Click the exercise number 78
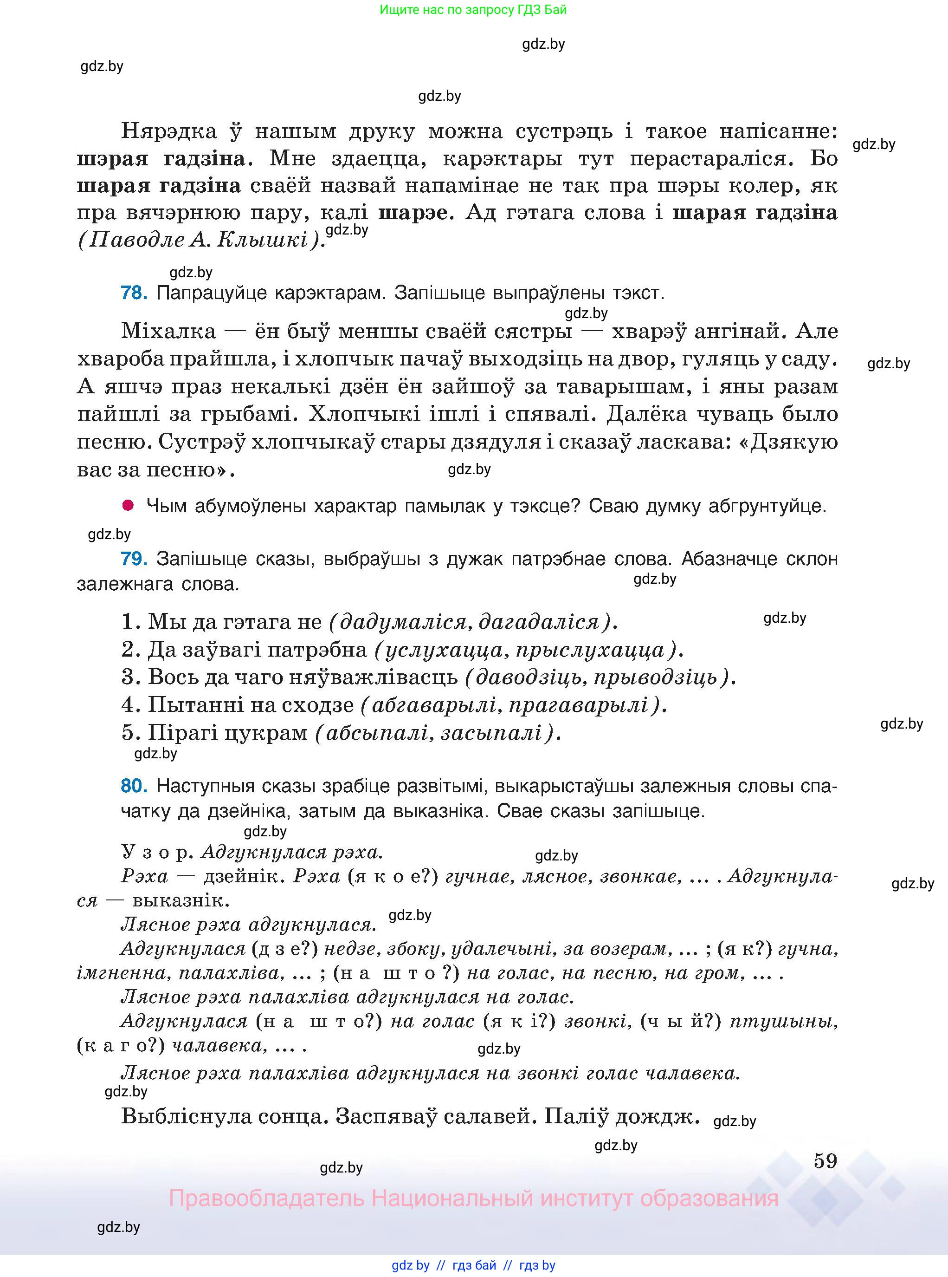click(x=134, y=293)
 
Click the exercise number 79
click(x=134, y=558)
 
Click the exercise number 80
click(x=134, y=786)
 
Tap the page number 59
click(x=825, y=1161)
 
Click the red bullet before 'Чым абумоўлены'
click(x=128, y=505)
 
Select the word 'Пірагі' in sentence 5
click(x=182, y=733)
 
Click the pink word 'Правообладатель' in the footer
click(x=266, y=1199)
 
